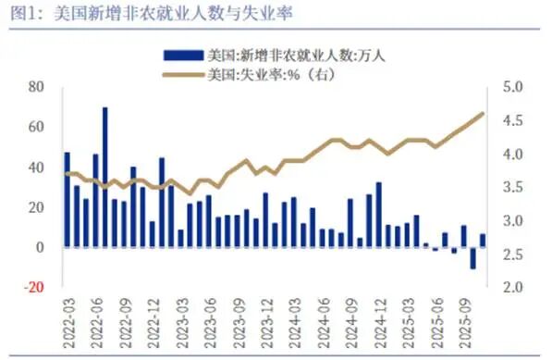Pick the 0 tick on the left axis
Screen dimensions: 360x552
point(41,247)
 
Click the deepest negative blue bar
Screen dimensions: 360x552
point(473,258)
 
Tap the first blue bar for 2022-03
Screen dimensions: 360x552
point(67,200)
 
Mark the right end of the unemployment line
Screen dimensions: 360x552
point(483,113)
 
